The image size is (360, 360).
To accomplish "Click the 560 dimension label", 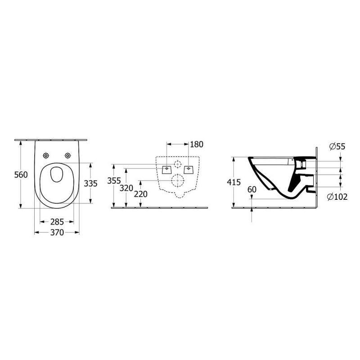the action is point(21,175).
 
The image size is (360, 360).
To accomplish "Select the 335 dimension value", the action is point(90,184).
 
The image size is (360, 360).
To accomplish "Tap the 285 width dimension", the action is point(57,222).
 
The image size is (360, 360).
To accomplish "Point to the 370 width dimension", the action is point(57,233).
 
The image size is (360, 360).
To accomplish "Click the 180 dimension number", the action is point(197,144).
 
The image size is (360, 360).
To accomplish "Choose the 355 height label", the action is point(114,181).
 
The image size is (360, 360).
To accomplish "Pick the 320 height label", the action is point(126,188).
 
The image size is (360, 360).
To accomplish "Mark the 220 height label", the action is point(140,194).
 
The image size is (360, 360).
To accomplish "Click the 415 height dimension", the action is point(234,182).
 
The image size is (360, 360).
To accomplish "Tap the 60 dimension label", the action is point(252,189).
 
